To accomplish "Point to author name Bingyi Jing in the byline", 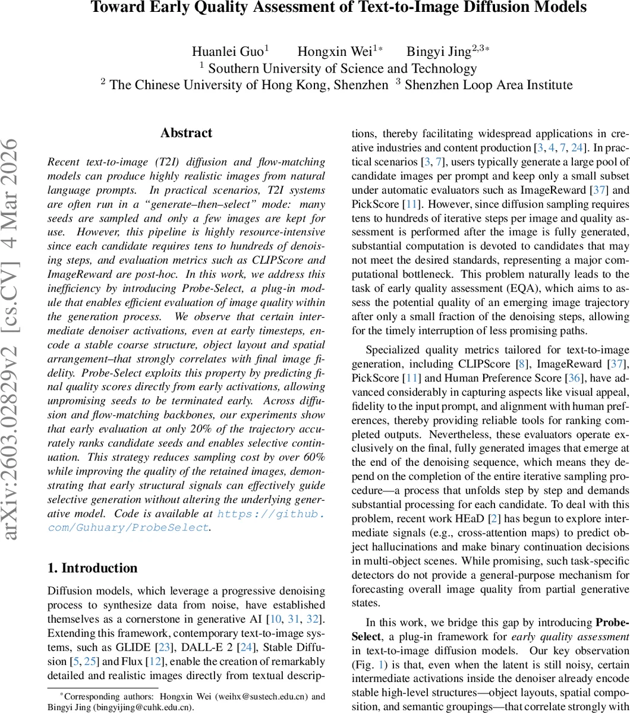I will tap(437, 52).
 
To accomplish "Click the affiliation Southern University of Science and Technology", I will tap(342, 68).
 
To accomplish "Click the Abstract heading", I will tap(186, 133).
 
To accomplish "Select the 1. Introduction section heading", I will tap(92, 568).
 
